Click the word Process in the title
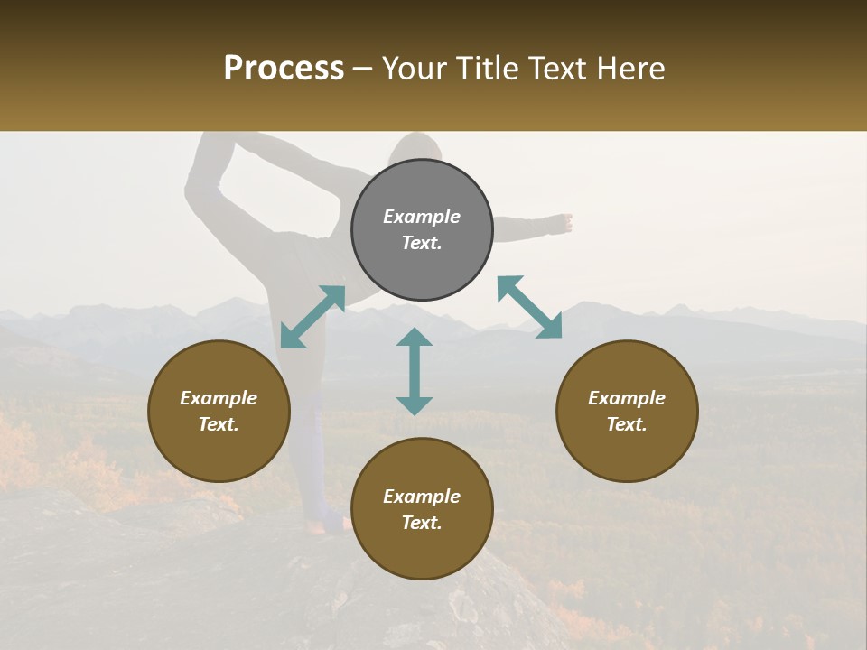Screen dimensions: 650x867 pos(284,69)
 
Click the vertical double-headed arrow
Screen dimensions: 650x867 pos(415,371)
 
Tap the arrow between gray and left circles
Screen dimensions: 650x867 pos(312,317)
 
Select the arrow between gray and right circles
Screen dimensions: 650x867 pos(529,307)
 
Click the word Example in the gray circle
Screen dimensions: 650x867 pos(422,217)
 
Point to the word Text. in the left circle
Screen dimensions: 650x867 pos(219,424)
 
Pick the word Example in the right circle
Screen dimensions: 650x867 pos(627,398)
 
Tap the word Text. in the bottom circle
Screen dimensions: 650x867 pos(422,523)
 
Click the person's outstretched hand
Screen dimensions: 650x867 pos(563,222)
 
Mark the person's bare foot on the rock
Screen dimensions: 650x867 pos(318,526)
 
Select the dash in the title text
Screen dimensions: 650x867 pos(362,70)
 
